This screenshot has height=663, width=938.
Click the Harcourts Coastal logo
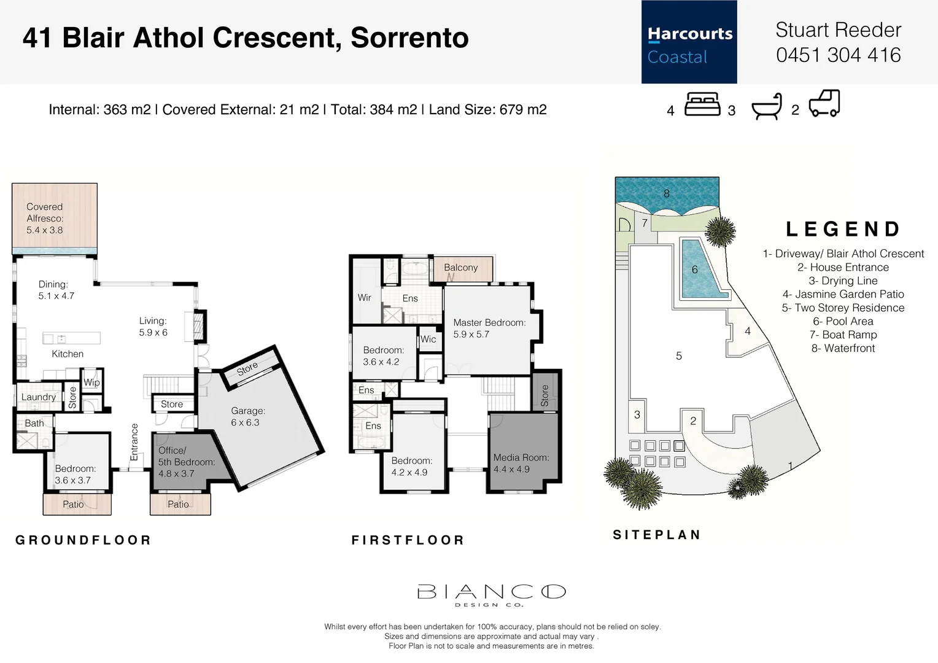click(x=689, y=42)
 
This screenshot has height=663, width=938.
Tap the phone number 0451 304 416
click(x=838, y=55)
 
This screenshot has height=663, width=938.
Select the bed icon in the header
click(x=702, y=104)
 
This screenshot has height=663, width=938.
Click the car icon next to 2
click(x=824, y=104)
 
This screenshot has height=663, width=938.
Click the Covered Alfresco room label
click(x=45, y=218)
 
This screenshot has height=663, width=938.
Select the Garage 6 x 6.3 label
click(x=248, y=416)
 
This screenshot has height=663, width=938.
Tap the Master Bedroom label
click(x=489, y=328)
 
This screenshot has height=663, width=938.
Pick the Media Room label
click(x=521, y=463)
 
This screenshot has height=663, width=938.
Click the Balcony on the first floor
click(x=460, y=268)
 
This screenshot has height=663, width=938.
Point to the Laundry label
click(x=38, y=397)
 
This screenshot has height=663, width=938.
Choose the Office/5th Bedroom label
click(x=186, y=462)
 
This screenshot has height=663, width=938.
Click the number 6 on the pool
click(x=694, y=269)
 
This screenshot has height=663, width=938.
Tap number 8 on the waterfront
click(x=666, y=193)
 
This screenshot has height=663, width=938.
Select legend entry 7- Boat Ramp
click(x=843, y=335)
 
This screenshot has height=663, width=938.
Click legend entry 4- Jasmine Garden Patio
click(x=843, y=294)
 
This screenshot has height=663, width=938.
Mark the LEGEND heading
click(x=843, y=229)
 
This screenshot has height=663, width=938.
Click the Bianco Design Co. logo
click(x=490, y=595)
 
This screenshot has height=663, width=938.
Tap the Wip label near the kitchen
click(x=91, y=382)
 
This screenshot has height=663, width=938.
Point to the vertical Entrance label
click(x=134, y=442)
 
